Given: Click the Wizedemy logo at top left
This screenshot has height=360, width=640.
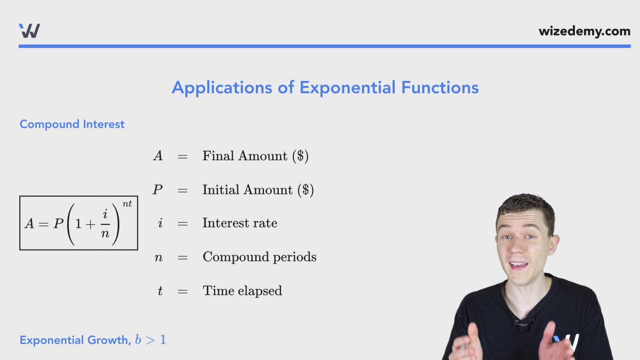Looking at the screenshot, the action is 29,31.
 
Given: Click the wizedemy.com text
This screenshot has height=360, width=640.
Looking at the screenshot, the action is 584,31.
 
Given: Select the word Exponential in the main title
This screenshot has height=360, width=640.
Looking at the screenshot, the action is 348,88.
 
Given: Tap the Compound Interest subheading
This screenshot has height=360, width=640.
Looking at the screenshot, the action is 72,124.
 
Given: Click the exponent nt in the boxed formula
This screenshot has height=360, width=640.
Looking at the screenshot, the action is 127,204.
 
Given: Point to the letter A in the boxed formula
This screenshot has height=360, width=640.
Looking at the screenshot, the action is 29,223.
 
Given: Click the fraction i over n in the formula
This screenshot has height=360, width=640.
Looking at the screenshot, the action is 105,224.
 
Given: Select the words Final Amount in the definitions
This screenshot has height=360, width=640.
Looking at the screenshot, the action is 245,156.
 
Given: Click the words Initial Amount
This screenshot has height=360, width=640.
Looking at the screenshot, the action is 247,190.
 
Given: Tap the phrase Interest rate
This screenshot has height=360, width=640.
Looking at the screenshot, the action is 240,223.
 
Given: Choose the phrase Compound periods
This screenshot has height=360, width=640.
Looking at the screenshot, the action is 259,257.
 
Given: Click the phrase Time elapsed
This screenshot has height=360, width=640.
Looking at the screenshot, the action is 242,291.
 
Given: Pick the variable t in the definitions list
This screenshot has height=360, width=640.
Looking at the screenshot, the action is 160,291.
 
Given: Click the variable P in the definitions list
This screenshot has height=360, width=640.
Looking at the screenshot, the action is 158,190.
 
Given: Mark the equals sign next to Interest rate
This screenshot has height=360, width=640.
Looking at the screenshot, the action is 182,223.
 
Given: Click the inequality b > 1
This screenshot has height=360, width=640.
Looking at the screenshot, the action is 151,340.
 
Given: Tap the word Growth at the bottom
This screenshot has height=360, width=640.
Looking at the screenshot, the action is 107,340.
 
